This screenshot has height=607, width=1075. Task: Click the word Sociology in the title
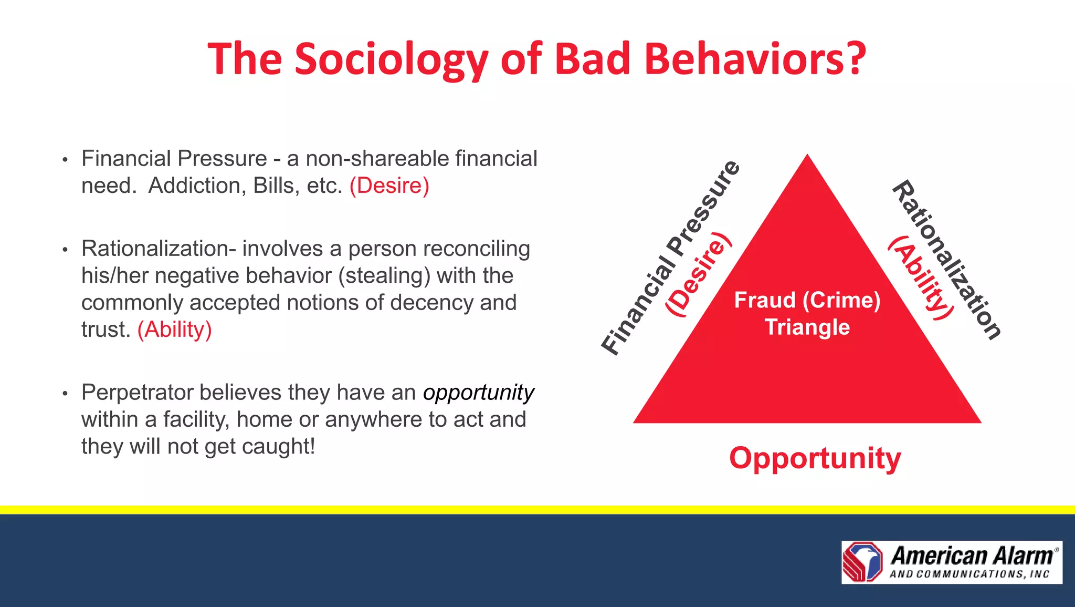(391, 59)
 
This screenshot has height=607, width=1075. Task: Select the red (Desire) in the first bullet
(389, 186)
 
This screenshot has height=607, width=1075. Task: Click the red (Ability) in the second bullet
(175, 330)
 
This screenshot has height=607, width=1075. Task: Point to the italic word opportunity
(478, 393)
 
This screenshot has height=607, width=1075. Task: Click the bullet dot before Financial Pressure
(65, 159)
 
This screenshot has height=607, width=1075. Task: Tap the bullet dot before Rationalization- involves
(65, 249)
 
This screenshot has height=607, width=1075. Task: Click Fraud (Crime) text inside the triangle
(807, 300)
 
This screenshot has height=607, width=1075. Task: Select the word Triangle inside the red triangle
(807, 327)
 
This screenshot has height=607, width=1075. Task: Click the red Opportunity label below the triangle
(815, 458)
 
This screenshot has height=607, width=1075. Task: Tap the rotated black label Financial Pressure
(670, 258)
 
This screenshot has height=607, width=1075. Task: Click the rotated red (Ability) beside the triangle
(920, 277)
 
